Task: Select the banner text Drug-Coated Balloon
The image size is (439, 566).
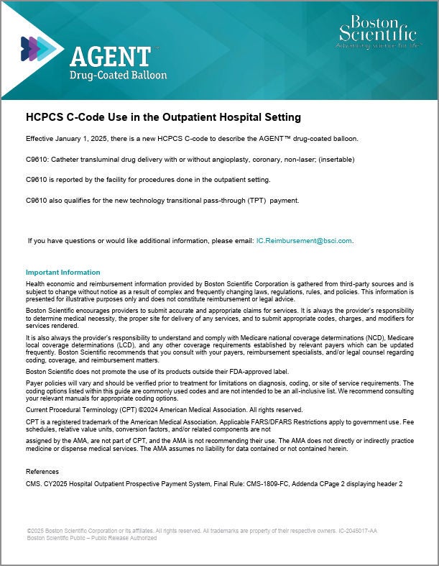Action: (118, 75)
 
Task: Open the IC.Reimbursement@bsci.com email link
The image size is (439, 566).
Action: (304, 241)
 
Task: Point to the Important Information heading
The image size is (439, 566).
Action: (63, 273)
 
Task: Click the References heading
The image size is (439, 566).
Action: (42, 471)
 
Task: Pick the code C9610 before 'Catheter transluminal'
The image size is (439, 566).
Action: (37, 159)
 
